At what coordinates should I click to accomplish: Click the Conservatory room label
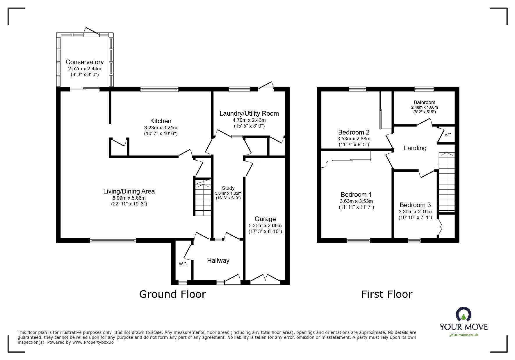click(x=84, y=62)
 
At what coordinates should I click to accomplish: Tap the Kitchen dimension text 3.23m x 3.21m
click(x=161, y=128)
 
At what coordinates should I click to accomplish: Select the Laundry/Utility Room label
click(x=249, y=113)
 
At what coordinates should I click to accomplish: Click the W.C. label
click(x=183, y=264)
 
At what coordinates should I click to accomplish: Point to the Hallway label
click(x=218, y=261)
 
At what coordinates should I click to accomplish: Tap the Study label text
click(x=228, y=188)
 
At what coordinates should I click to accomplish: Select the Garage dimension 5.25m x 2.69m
click(x=265, y=225)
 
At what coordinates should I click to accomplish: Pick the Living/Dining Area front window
click(x=113, y=240)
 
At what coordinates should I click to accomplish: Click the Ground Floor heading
click(x=172, y=294)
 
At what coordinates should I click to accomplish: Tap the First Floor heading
click(x=386, y=294)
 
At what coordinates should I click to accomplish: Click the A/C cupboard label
click(x=448, y=135)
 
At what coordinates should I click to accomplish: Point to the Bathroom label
click(x=424, y=102)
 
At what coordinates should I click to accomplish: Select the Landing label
click(x=415, y=148)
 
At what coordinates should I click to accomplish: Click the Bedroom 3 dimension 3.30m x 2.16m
click(x=415, y=212)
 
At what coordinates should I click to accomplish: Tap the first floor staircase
click(x=446, y=183)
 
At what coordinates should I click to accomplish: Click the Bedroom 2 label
click(x=354, y=132)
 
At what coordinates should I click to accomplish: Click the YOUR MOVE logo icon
click(x=463, y=315)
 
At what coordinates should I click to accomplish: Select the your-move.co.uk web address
click(x=464, y=335)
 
